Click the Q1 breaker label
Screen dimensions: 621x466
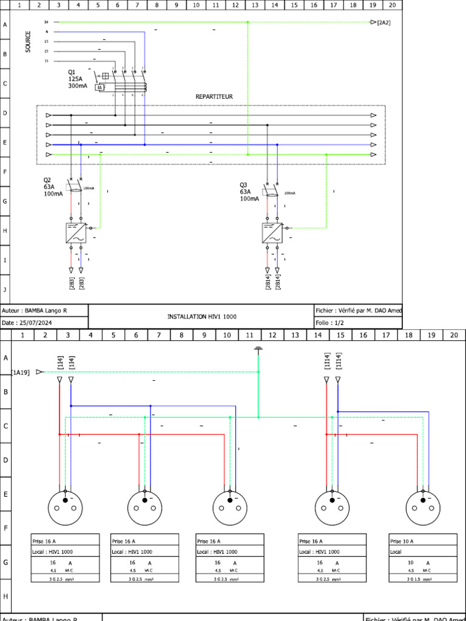(x=72, y=72)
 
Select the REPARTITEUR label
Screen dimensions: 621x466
(x=214, y=96)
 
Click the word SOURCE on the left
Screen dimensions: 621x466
(x=29, y=42)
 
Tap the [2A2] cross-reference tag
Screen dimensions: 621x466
(x=383, y=22)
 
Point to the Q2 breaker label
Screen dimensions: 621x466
(x=47, y=180)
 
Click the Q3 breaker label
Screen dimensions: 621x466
(x=243, y=185)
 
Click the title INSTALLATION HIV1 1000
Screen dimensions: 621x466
(x=201, y=317)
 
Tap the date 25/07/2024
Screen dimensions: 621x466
(x=36, y=323)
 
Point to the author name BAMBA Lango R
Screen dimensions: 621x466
(x=46, y=310)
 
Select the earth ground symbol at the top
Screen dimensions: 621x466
(x=258, y=349)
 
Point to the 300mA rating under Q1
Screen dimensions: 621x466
(x=78, y=87)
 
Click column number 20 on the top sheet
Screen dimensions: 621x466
(x=393, y=4)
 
